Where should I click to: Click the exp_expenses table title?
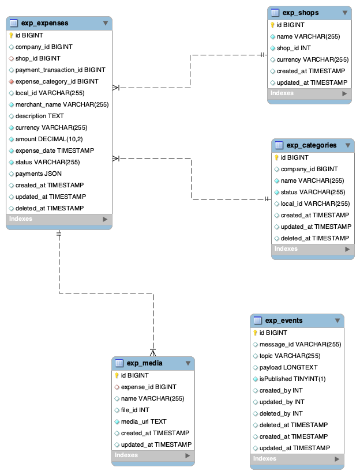click(x=44, y=23)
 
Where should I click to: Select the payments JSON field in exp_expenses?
click(x=38, y=174)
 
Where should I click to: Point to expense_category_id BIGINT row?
click(x=57, y=81)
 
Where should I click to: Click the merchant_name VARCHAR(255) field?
click(x=62, y=104)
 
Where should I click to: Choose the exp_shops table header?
click(x=300, y=12)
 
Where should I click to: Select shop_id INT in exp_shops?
click(x=294, y=48)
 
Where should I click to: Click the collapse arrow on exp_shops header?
click(x=345, y=12)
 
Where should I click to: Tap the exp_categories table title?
click(x=312, y=145)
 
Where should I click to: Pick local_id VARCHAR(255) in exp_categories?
click(x=315, y=203)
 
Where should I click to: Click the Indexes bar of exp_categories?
click(x=313, y=249)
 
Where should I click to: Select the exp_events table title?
click(x=283, y=321)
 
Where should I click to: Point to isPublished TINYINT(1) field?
click(x=292, y=379)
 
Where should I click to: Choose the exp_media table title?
click(x=144, y=363)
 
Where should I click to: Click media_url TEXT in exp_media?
click(x=144, y=421)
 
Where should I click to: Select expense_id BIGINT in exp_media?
click(x=148, y=387)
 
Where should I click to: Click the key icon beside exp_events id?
click(x=255, y=333)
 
